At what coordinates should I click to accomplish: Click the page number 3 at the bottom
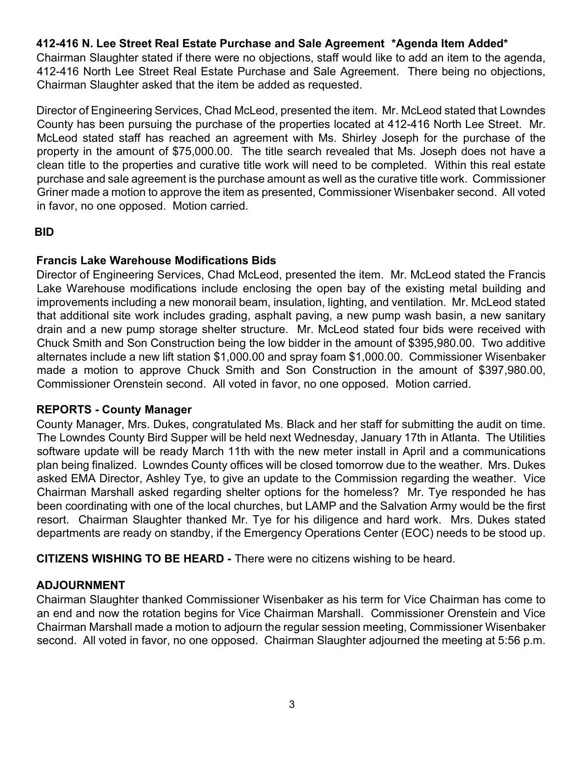(x=292, y=704)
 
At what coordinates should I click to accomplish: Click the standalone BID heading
(x=45, y=232)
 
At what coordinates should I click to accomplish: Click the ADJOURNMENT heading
(x=81, y=585)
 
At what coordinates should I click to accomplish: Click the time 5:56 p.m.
(x=521, y=640)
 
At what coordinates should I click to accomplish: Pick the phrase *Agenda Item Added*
(x=450, y=44)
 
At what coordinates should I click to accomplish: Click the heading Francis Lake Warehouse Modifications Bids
(x=156, y=261)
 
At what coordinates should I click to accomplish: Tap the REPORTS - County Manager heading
(x=114, y=409)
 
